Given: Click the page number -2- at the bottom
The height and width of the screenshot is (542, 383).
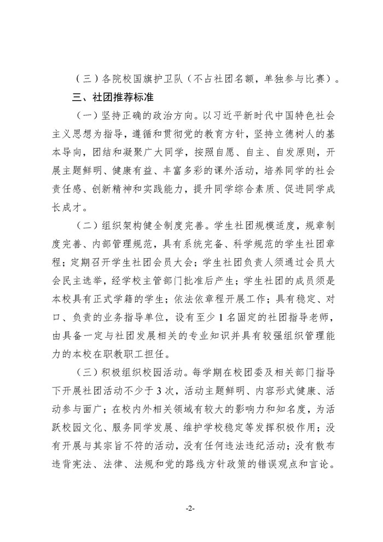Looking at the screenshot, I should pyautogui.click(x=191, y=508).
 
